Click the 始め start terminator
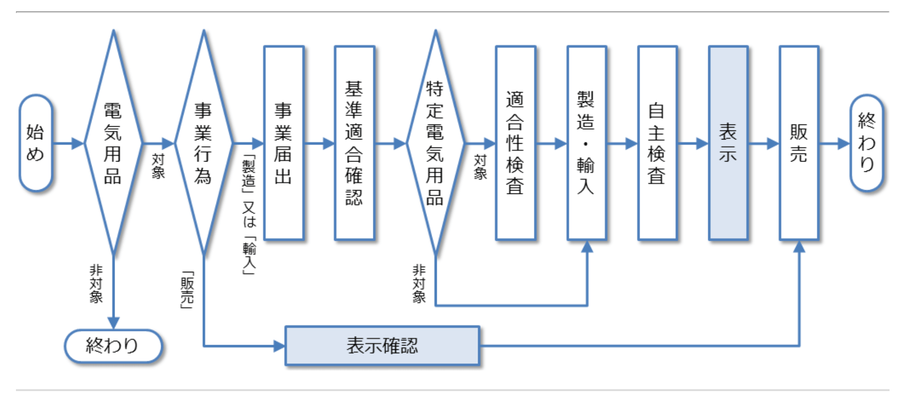(35, 143)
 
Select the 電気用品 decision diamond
(113, 143)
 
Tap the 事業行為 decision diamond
(203, 143)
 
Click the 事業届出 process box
(284, 143)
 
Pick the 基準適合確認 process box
(354, 143)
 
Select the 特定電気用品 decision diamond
(435, 143)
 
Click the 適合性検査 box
(515, 143)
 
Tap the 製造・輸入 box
(586, 143)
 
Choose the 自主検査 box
(657, 143)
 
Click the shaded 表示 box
(728, 143)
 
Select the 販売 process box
(798, 143)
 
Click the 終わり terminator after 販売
(867, 143)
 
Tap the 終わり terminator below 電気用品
(113, 346)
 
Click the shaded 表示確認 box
(382, 346)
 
